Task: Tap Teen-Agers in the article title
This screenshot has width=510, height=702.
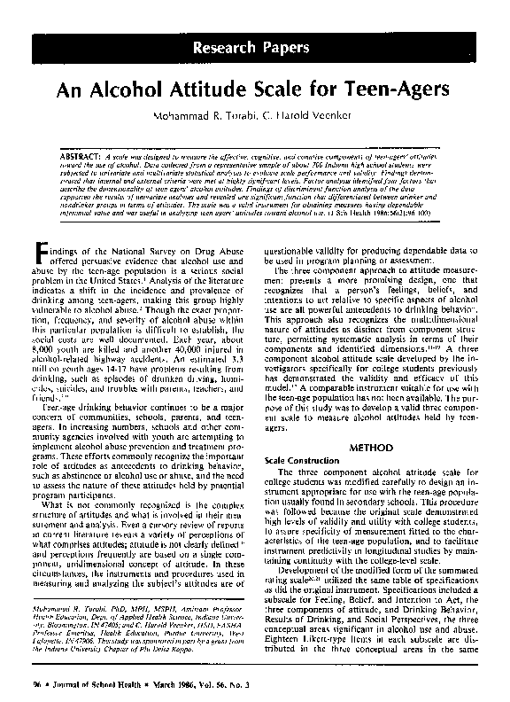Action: [396, 90]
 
